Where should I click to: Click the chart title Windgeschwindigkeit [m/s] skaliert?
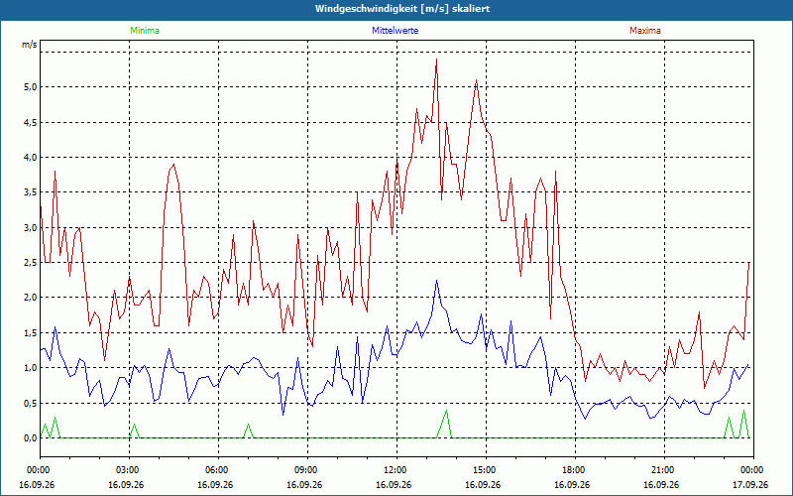pos(402,9)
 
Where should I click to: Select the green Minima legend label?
pos(145,31)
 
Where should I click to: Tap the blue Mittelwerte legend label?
pos(395,31)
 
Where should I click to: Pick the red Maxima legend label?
pos(645,31)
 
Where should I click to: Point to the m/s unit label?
pos(30,45)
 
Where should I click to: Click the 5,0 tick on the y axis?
pos(31,87)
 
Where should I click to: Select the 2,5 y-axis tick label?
pos(31,262)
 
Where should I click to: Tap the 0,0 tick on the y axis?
pos(31,437)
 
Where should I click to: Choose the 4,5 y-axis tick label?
pos(31,122)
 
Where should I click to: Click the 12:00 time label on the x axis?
pos(396,470)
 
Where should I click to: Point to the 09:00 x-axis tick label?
pos(307,470)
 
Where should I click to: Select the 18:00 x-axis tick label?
pos(575,470)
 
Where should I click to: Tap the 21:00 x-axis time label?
pos(664,470)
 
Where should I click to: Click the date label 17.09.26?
pos(750,484)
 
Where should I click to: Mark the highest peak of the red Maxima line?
pos(436,60)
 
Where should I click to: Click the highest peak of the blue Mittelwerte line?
pos(436,281)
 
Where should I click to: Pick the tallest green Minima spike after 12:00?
pos(446,411)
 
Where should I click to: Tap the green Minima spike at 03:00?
pos(134,425)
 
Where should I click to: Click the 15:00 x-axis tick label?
pos(486,470)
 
